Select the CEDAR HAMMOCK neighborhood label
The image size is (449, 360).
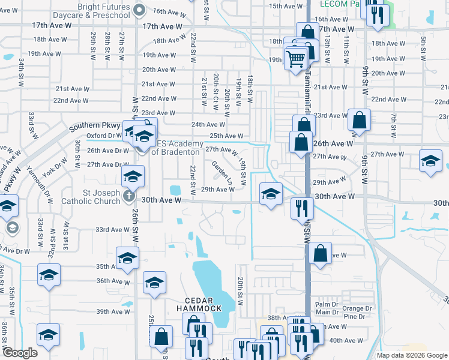pyautogui.click(x=195, y=304)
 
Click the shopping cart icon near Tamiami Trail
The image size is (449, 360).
pyautogui.click(x=296, y=58)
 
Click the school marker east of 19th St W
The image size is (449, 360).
pyautogui.click(x=271, y=193)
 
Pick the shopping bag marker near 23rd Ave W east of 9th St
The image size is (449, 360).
pyautogui.click(x=359, y=119)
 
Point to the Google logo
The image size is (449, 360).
pyautogui.click(x=20, y=353)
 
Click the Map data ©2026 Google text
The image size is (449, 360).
pyautogui.click(x=411, y=355)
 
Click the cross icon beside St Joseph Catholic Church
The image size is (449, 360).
pyautogui.click(x=128, y=196)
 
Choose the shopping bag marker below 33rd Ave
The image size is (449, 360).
pyautogui.click(x=321, y=253)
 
